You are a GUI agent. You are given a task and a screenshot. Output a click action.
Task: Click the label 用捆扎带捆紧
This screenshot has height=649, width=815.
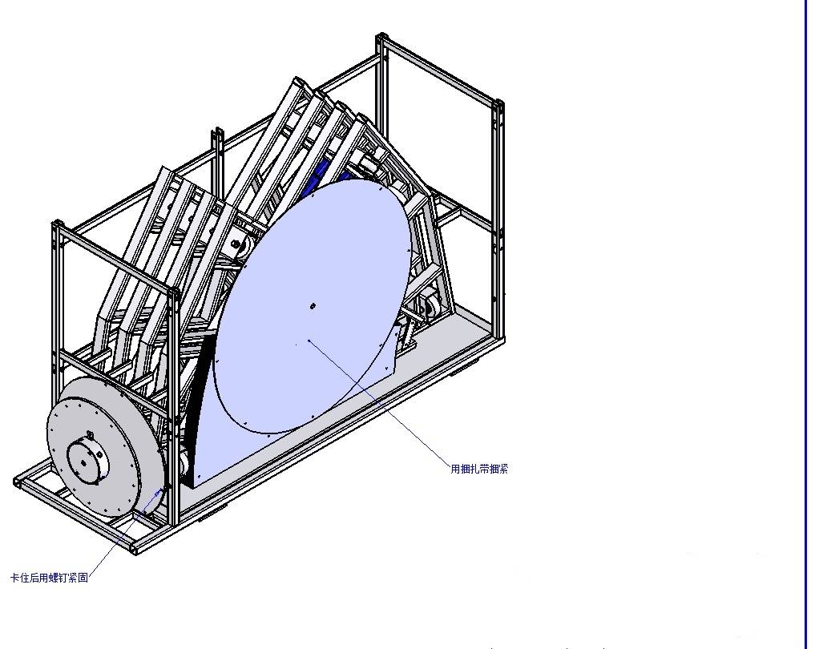point(479,469)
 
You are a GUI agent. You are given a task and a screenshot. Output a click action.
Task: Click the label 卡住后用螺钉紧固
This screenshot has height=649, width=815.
point(50,578)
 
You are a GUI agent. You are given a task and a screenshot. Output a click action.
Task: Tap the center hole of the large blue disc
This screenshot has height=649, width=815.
point(313,306)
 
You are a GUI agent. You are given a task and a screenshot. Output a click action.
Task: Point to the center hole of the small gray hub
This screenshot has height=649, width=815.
point(84,463)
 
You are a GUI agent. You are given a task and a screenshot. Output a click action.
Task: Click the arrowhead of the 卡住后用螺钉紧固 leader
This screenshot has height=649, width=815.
point(159,491)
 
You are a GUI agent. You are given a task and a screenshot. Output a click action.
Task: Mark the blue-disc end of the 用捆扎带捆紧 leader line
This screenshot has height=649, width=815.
point(309,341)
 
